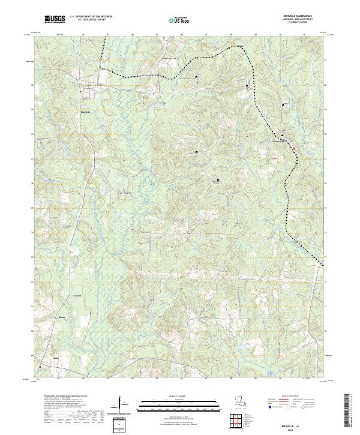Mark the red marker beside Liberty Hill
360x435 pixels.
pos(294,148)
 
